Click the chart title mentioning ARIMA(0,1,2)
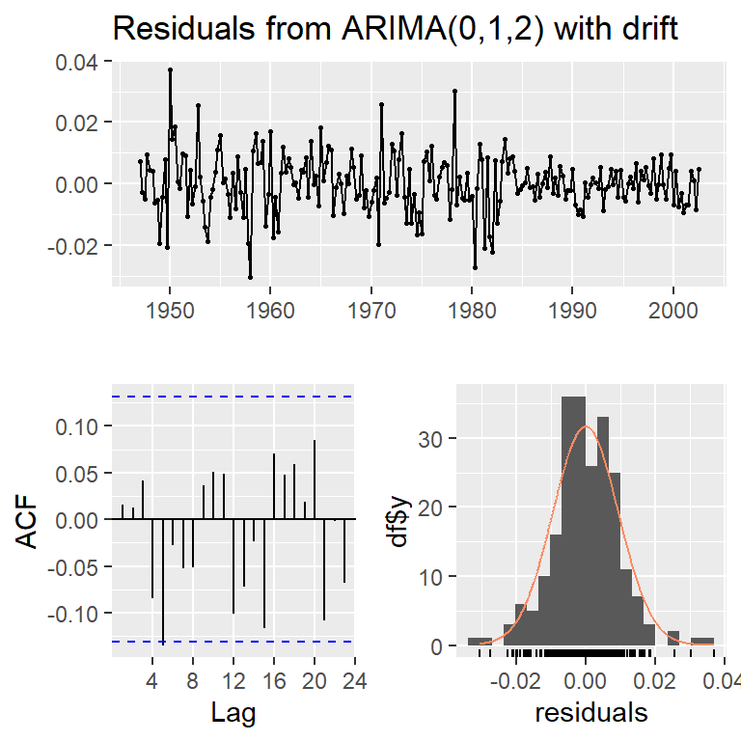396,29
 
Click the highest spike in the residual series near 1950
170,69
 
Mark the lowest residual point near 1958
250,277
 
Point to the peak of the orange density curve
586,426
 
